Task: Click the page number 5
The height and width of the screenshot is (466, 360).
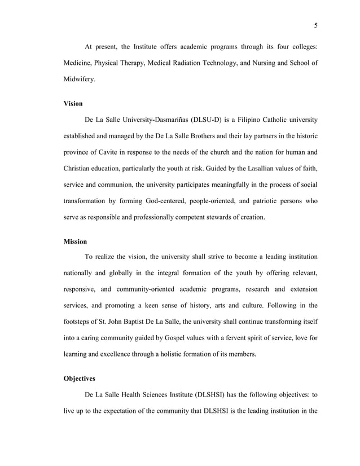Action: [315, 25]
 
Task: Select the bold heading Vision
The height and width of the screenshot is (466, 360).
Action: [74, 104]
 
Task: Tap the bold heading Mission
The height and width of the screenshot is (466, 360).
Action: [76, 241]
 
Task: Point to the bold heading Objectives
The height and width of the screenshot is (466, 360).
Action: [80, 379]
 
